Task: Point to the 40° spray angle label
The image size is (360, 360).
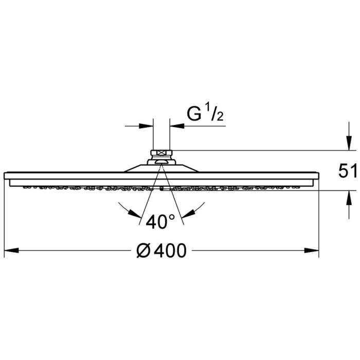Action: coord(160,222)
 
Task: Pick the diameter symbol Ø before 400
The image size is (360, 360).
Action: coord(143,251)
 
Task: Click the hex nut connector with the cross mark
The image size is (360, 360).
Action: coord(161,153)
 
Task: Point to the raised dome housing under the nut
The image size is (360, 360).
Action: coord(161,166)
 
